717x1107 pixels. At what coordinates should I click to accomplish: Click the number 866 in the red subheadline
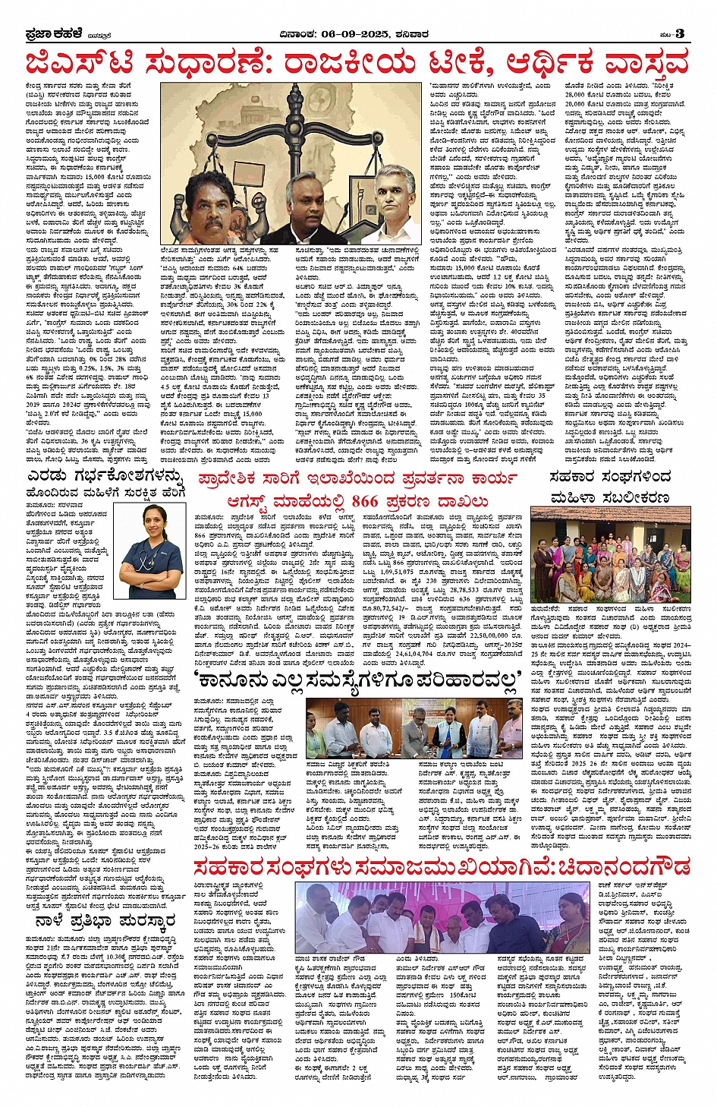[x=365, y=502]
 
